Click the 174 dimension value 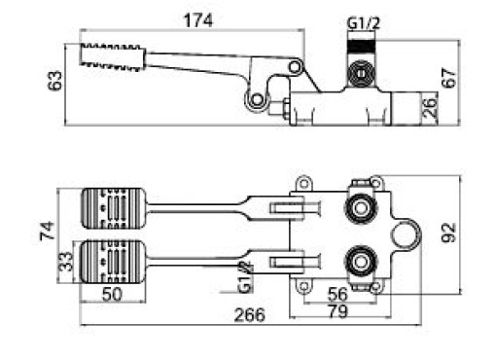198,20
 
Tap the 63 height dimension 54,81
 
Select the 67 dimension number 449,78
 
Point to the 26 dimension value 430,108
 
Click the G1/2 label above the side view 363,23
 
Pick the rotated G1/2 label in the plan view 245,276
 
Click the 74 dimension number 47,231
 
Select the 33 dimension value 65,261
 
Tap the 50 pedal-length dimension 112,294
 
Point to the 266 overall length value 249,315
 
